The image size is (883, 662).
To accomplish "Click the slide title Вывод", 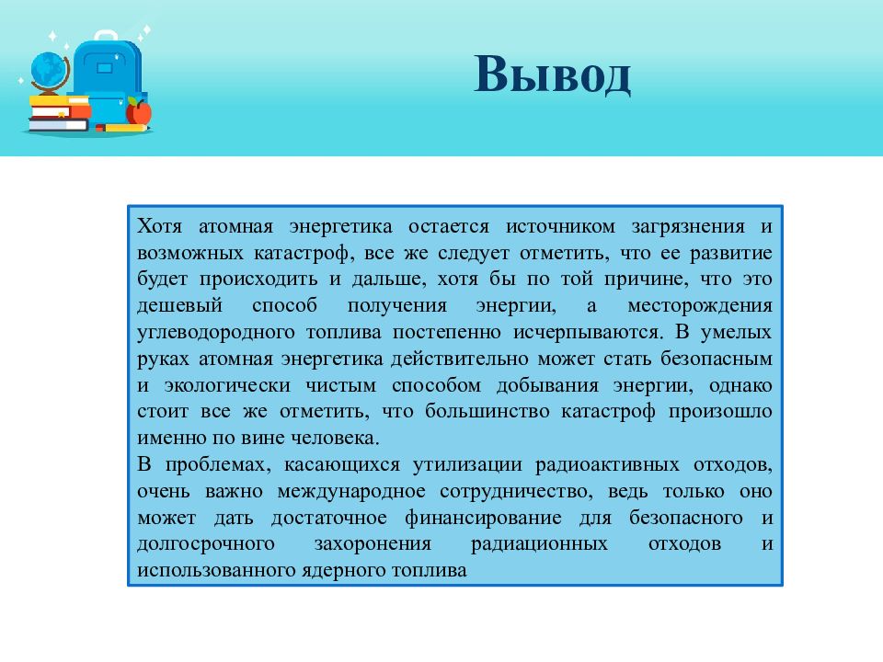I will click(x=552, y=75).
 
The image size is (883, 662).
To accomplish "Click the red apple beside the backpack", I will click(x=139, y=112).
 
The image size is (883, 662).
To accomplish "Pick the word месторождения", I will click(x=701, y=304).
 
